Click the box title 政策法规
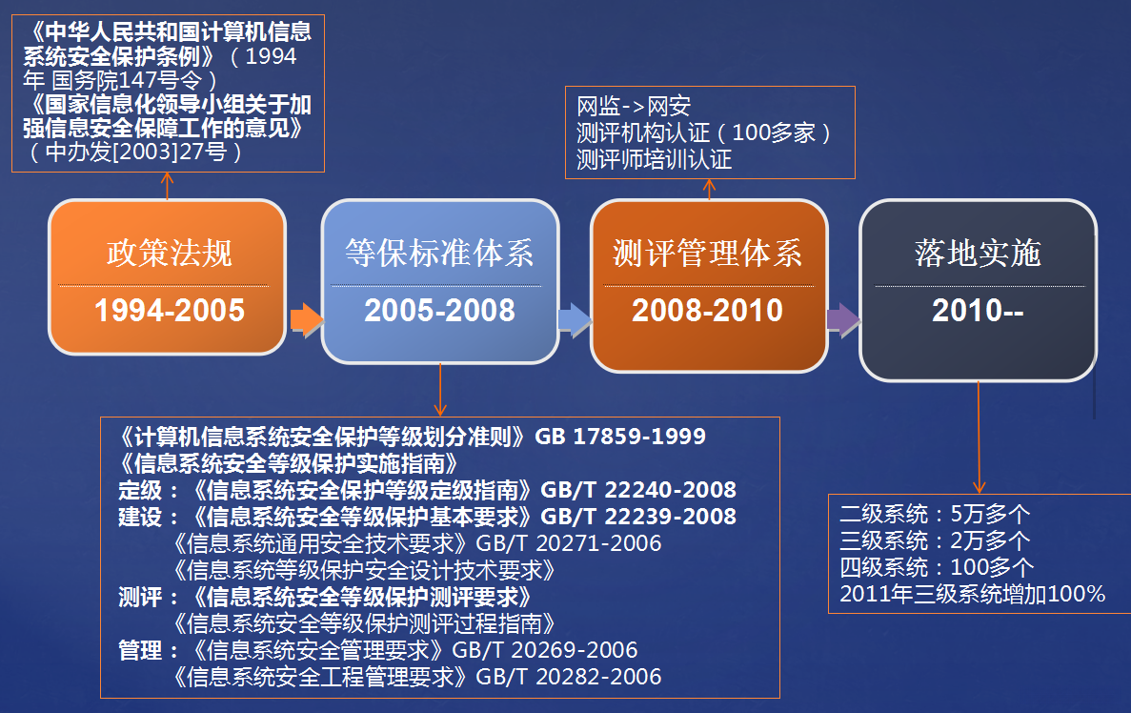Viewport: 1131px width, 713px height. [170, 253]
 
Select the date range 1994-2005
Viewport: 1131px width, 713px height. [170, 311]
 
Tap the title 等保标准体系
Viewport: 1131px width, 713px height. [439, 253]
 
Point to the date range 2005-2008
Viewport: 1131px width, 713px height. [439, 311]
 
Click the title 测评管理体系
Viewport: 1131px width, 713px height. [708, 253]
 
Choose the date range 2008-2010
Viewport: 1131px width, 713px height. [708, 311]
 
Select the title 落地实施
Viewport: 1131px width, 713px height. [979, 253]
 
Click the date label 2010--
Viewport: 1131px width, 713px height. [979, 311]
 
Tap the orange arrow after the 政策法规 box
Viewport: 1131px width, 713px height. [307, 319]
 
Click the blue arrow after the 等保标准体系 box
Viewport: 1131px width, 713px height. [575, 319]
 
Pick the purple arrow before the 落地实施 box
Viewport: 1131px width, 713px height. [843, 319]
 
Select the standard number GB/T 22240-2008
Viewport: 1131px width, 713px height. [638, 489]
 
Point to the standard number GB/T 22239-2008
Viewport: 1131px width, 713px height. [638, 516]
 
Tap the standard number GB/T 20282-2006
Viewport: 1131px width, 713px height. [569, 676]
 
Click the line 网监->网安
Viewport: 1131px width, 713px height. [634, 106]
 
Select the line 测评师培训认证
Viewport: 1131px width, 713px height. [655, 159]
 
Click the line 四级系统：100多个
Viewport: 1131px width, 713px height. [937, 567]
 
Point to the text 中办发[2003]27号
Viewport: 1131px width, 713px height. [135, 152]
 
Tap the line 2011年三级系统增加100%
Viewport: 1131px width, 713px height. [972, 594]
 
